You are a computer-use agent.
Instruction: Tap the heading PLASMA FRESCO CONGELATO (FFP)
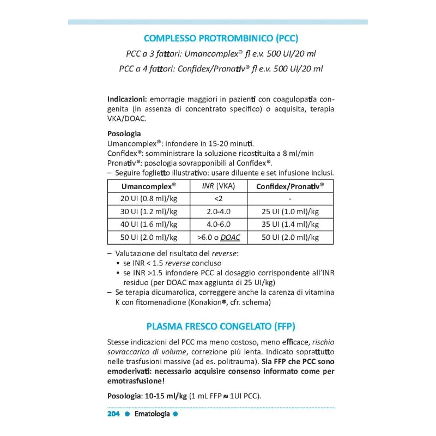tap(221, 326)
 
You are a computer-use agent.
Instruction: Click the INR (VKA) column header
tap(218, 186)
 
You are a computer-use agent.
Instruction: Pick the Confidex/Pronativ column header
tap(290, 186)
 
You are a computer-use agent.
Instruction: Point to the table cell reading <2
tap(218, 199)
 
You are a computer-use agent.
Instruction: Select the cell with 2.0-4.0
tap(218, 211)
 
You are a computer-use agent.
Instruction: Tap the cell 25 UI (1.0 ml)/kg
tap(290, 211)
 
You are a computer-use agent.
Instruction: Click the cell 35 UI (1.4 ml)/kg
tap(290, 225)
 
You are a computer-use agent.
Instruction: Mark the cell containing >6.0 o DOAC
tap(218, 238)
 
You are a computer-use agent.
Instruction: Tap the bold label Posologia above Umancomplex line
tap(124, 134)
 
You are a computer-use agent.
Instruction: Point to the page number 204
tap(113, 414)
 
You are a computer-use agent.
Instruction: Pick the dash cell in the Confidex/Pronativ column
tap(290, 199)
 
